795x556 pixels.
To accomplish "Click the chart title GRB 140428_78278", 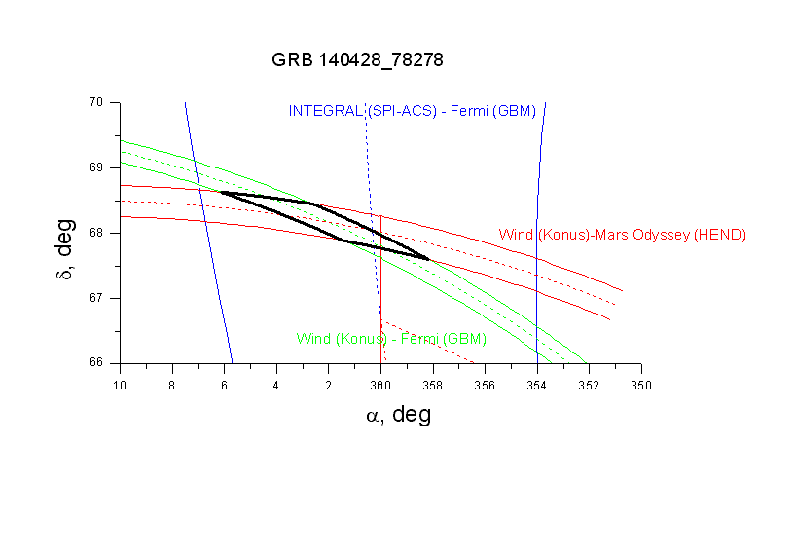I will pyautogui.click(x=357, y=60).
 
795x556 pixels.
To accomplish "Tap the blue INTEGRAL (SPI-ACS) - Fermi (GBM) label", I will pyautogui.click(x=412, y=111).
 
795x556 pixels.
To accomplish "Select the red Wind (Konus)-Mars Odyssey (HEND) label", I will pyautogui.click(x=622, y=235).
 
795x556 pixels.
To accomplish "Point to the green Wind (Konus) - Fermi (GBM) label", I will pyautogui.click(x=391, y=340).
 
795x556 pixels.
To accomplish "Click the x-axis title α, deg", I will pyautogui.click(x=398, y=415).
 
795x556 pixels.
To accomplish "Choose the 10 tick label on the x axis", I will pyautogui.click(x=120, y=385).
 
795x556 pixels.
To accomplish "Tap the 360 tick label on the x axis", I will pyautogui.click(x=380, y=385).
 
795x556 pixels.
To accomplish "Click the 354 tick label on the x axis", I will pyautogui.click(x=537, y=385).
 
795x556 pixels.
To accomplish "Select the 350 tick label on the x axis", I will pyautogui.click(x=641, y=385).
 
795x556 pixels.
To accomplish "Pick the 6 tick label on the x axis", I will pyautogui.click(x=224, y=385).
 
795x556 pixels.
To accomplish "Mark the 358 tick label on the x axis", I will pyautogui.click(x=433, y=385).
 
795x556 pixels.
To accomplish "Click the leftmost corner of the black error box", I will pyautogui.click(x=221, y=192).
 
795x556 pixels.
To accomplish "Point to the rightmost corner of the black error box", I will pyautogui.click(x=429, y=259).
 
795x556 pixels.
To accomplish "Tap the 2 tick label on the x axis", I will pyautogui.click(x=328, y=385).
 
